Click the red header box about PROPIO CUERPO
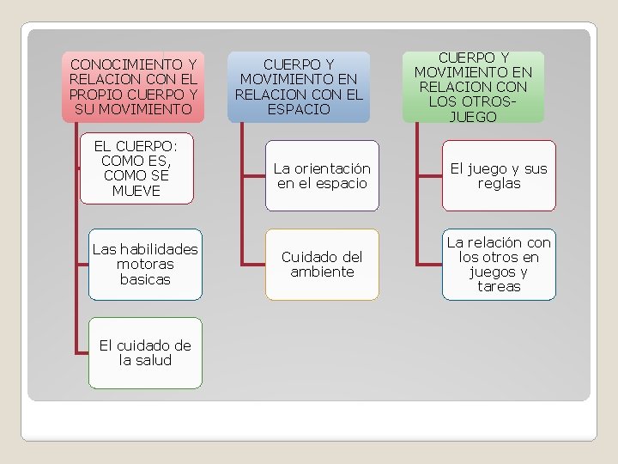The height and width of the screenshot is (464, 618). (133, 86)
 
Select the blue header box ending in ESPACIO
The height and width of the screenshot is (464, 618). (298, 86)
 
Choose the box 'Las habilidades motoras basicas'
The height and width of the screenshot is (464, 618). (145, 264)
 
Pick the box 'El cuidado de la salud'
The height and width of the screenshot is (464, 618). (145, 352)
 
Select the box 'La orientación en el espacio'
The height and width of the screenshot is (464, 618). (322, 175)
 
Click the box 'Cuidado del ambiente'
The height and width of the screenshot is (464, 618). (322, 264)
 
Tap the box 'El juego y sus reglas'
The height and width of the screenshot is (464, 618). (499, 175)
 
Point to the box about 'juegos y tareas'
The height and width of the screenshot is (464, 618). (499, 264)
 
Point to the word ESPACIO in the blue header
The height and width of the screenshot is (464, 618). (298, 109)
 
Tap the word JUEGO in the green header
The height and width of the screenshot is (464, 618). (473, 117)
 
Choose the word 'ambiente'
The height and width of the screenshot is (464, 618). (322, 272)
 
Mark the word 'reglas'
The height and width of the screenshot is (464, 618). (499, 183)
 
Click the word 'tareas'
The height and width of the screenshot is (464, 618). (499, 286)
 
